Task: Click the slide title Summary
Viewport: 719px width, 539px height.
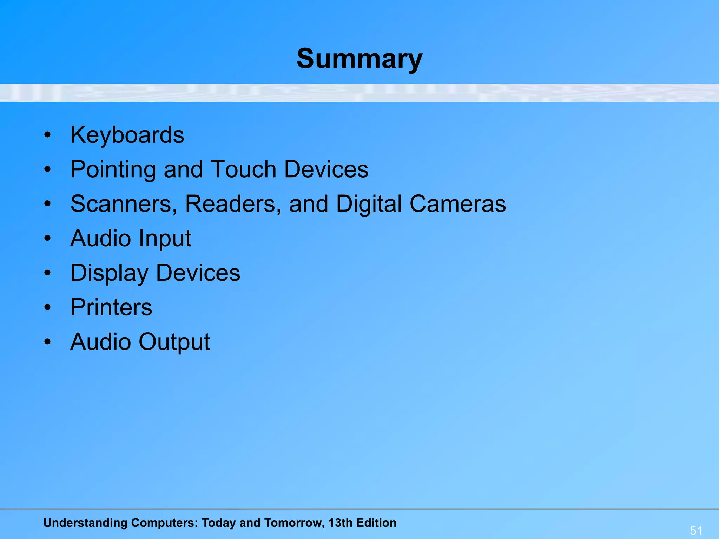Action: pos(359,59)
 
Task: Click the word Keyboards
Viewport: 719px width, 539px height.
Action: pos(127,135)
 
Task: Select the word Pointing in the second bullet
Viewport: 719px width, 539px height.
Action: pos(113,170)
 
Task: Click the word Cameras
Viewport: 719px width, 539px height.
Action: pos(458,204)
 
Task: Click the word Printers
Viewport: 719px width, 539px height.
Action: pos(111,307)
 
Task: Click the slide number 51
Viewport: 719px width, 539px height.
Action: pos(696,531)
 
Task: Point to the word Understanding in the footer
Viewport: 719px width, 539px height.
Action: pos(85,523)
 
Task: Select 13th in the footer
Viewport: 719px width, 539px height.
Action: pos(341,523)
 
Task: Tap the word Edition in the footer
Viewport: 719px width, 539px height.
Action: pos(376,523)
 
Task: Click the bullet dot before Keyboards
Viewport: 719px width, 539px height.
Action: pos(48,135)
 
